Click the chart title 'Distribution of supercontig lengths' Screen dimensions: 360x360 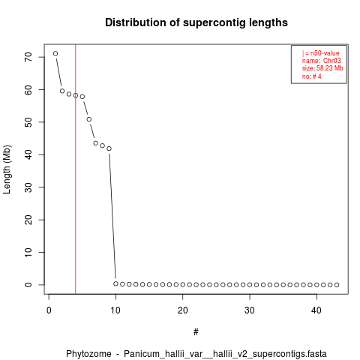(x=196, y=22)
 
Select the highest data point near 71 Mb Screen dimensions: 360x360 (x=55, y=53)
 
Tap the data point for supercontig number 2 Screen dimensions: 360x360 (x=62, y=91)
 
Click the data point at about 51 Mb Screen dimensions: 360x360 (x=89, y=119)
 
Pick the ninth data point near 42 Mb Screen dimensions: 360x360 (x=109, y=148)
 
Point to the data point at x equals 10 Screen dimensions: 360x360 (x=115, y=283)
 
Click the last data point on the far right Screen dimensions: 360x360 (x=337, y=285)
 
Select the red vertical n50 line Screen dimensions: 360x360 (x=76, y=169)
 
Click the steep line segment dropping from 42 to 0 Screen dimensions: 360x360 (x=112, y=216)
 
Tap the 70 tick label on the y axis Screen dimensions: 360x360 (x=28, y=57)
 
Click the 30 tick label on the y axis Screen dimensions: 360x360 (x=28, y=187)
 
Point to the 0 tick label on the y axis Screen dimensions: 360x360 (x=28, y=285)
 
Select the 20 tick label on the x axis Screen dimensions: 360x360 (x=183, y=310)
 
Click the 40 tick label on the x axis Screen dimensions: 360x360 (x=316, y=310)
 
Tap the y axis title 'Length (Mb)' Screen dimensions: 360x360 (x=7, y=169)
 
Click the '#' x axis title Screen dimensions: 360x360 (x=196, y=332)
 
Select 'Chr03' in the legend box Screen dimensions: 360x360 (x=331, y=61)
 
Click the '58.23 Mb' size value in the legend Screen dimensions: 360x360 (x=330, y=68)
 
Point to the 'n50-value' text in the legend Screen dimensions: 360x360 (x=325, y=53)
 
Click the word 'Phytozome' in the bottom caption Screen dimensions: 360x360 (x=88, y=354)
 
